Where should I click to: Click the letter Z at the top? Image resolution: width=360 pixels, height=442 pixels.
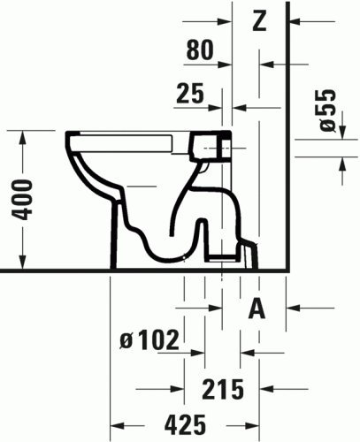click(x=258, y=21)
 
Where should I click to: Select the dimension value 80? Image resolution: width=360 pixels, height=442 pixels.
click(x=201, y=52)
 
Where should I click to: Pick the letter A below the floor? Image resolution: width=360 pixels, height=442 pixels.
click(x=257, y=308)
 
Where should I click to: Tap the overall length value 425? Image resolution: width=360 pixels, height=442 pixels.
click(x=185, y=423)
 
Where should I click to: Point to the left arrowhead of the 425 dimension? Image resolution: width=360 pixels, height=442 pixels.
click(x=115, y=423)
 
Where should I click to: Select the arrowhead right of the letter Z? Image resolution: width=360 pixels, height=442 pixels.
click(x=296, y=21)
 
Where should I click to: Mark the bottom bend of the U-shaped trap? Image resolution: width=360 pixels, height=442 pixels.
click(x=168, y=256)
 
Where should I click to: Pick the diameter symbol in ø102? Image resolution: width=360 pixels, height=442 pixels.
click(x=126, y=339)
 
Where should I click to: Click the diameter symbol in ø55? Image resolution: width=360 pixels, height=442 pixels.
click(x=326, y=126)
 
